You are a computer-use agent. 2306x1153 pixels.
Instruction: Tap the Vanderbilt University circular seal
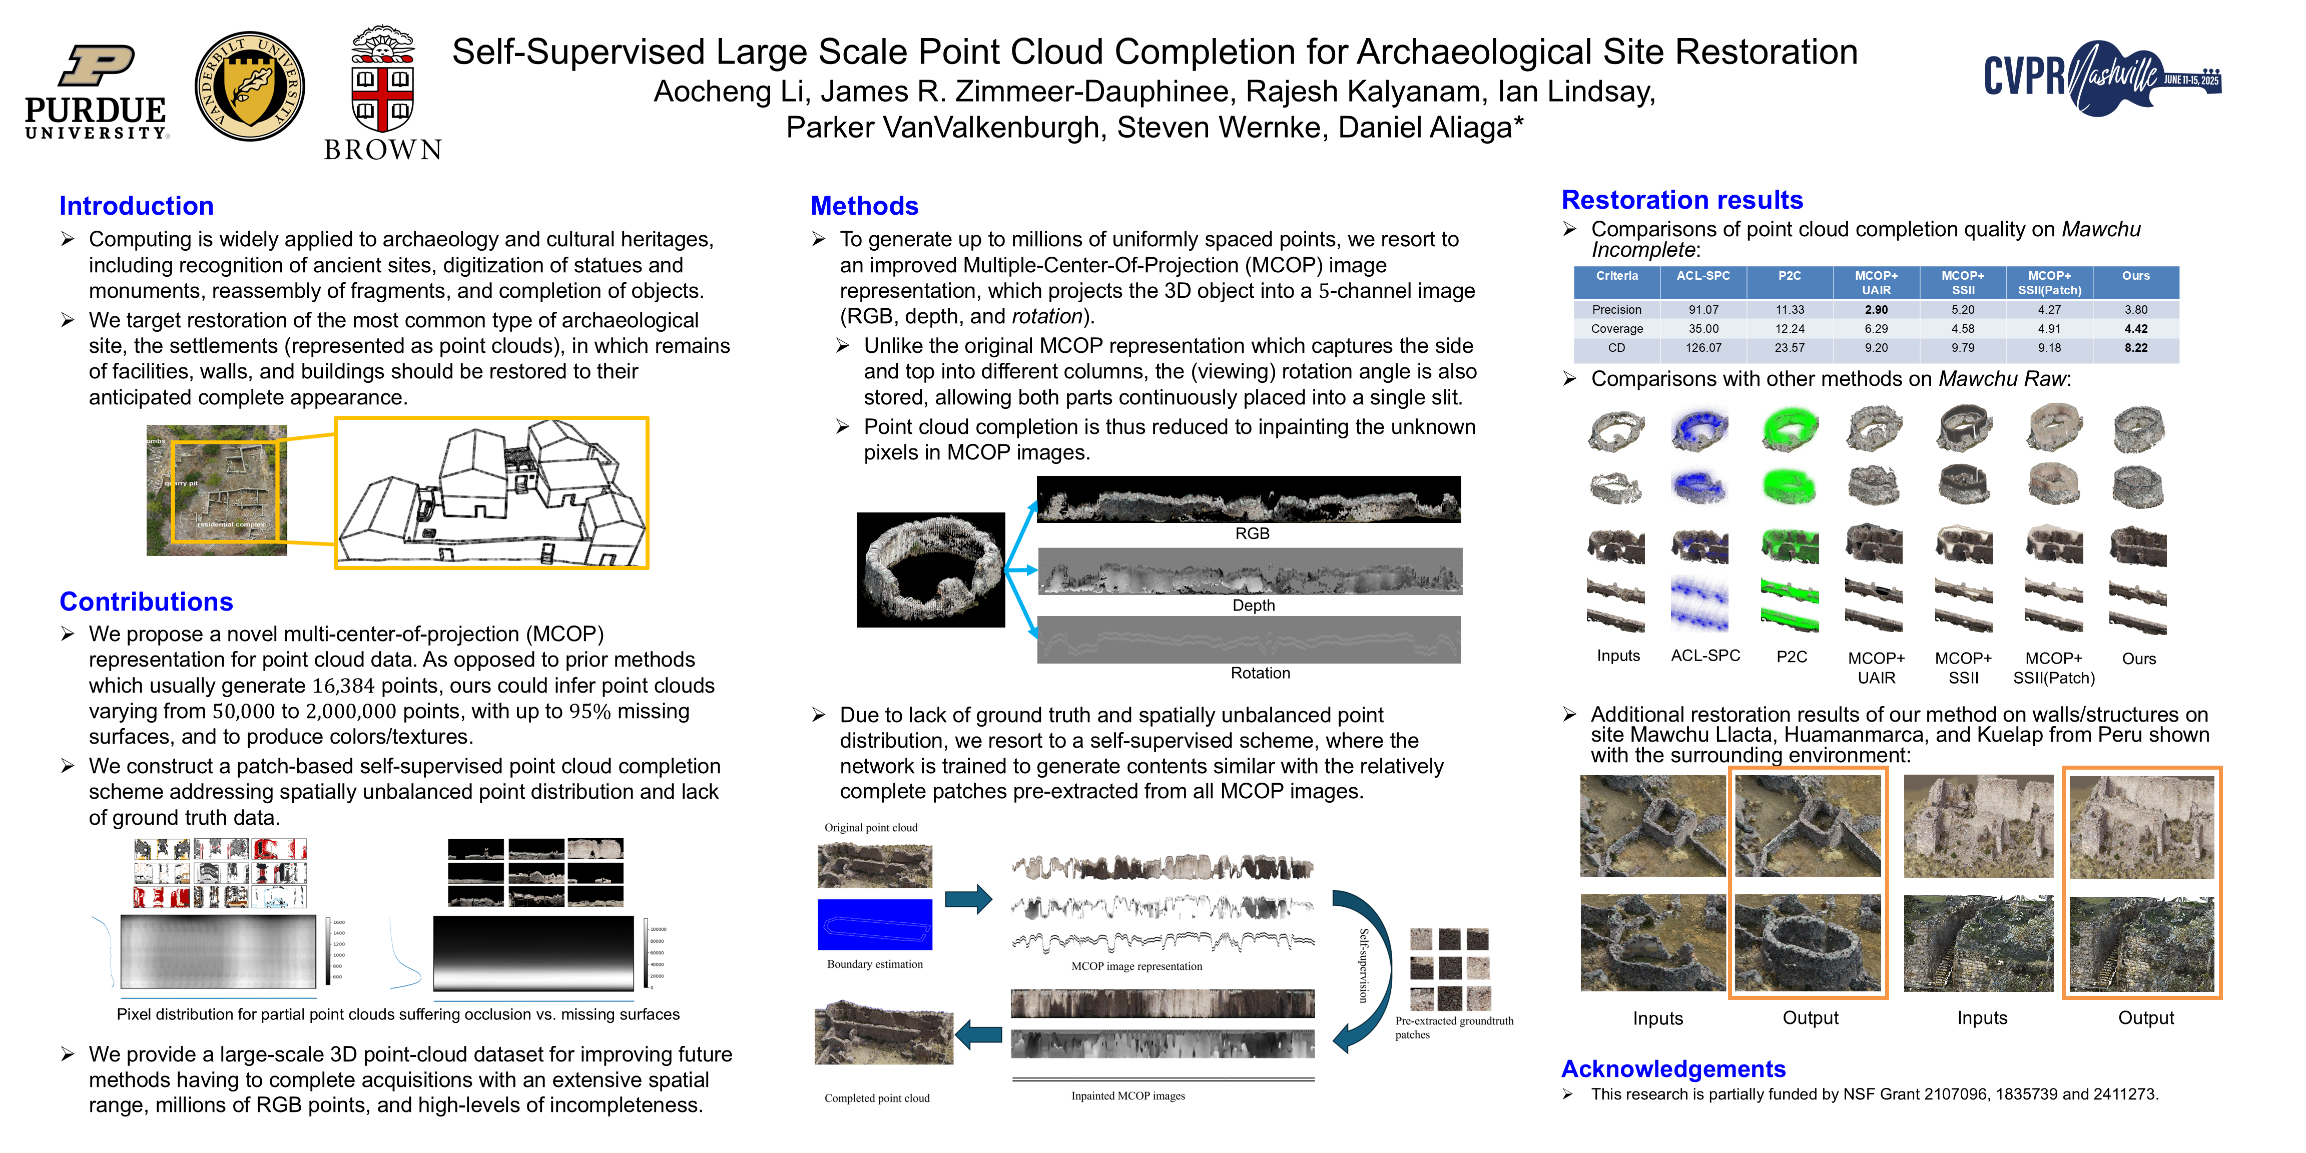point(250,87)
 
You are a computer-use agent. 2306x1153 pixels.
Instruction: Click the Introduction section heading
point(136,206)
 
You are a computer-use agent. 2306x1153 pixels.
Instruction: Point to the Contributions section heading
point(146,602)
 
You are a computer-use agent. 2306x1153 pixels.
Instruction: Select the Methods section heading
point(864,206)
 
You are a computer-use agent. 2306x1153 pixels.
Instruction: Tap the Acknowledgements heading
point(1672,1069)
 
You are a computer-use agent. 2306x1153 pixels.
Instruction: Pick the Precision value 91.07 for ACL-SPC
point(1702,310)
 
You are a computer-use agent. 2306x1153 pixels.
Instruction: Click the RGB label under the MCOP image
point(1252,533)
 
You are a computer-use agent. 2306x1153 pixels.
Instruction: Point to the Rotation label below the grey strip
point(1260,673)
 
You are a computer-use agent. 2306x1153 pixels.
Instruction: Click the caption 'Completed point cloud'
point(876,1098)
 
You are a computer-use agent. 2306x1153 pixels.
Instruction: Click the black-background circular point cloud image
point(930,569)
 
